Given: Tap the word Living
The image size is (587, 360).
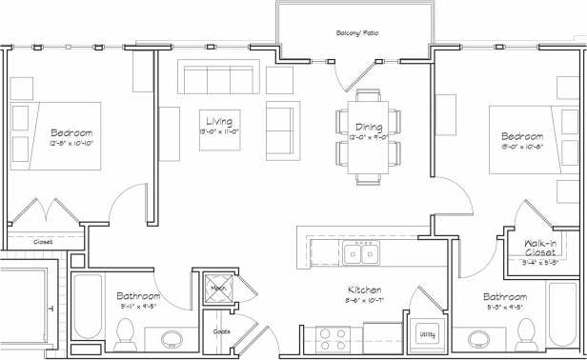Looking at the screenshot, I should [219, 121].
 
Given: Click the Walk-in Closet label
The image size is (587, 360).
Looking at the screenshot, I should [546, 248].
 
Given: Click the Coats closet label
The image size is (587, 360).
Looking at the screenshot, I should [221, 332].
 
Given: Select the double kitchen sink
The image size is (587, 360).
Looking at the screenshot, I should [360, 253].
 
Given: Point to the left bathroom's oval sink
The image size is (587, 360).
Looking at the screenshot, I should [172, 340].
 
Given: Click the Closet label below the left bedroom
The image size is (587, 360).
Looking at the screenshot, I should [43, 242].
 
